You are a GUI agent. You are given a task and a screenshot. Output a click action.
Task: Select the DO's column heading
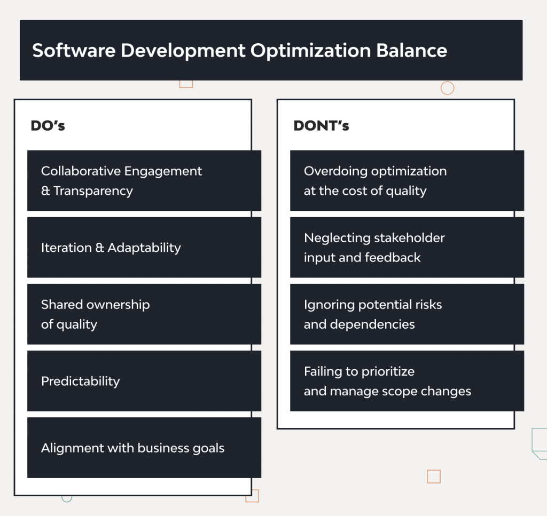click(x=48, y=126)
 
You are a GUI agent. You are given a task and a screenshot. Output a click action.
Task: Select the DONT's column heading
click(x=321, y=126)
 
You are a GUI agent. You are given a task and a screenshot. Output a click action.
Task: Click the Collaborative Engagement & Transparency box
click(x=144, y=180)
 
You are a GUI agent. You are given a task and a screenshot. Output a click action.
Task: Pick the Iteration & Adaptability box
click(x=144, y=248)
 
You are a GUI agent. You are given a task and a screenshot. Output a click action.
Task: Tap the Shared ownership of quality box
click(x=144, y=314)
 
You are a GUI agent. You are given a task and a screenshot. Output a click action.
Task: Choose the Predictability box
click(x=144, y=381)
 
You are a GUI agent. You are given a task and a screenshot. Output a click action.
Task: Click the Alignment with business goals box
click(x=144, y=448)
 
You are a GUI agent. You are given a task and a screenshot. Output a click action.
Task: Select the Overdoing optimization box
click(x=407, y=180)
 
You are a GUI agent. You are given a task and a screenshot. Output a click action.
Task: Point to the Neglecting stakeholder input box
click(x=407, y=248)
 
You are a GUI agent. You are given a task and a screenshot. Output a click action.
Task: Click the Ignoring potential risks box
click(x=407, y=314)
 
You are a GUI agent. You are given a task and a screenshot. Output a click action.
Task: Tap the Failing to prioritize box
click(x=407, y=381)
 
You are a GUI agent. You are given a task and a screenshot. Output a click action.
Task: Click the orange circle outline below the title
click(x=447, y=88)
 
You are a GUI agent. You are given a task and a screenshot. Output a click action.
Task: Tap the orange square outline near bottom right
click(x=434, y=477)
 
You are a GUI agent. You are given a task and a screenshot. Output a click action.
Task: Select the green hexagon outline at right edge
click(x=540, y=443)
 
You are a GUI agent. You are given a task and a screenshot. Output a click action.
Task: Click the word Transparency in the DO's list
click(x=93, y=191)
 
